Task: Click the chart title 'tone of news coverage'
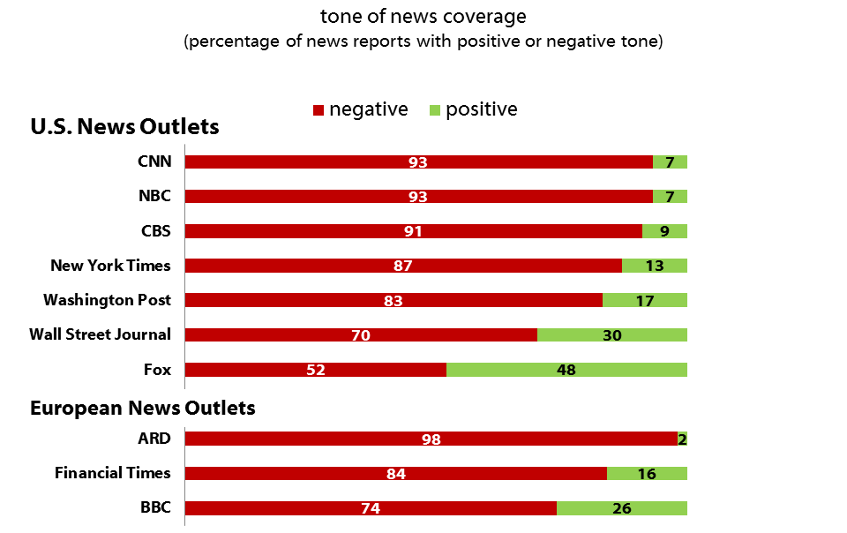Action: [423, 17]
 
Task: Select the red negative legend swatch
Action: [319, 110]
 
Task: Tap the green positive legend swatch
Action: [434, 110]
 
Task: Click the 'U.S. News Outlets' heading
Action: [124, 127]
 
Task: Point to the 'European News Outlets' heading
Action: [143, 408]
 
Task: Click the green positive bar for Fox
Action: [566, 370]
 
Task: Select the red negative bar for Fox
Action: [315, 370]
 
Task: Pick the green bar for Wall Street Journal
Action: [612, 335]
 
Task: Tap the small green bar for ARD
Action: [682, 439]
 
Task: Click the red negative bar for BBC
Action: [371, 508]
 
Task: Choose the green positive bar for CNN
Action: [670, 162]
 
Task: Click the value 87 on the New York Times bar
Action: [403, 266]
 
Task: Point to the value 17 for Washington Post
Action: [645, 301]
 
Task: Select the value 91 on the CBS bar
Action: [413, 231]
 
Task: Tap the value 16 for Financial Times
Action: [647, 474]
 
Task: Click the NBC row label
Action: [154, 196]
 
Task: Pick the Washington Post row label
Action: [107, 300]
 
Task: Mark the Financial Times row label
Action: [113, 473]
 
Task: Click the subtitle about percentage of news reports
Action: [423, 42]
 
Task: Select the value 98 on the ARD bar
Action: [431, 439]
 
